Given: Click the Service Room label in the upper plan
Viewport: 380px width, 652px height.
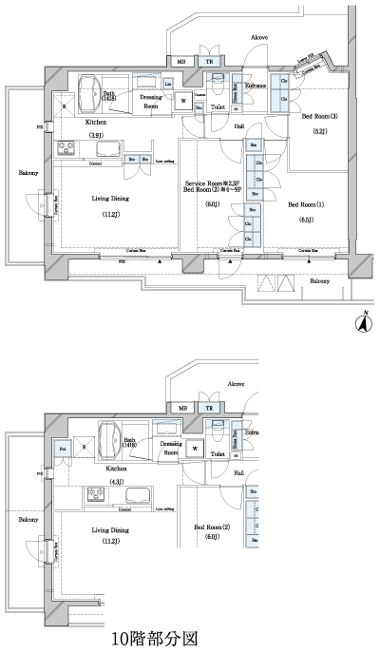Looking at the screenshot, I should (x=210, y=182).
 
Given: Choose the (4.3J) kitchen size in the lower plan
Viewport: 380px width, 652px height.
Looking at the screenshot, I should (x=116, y=483).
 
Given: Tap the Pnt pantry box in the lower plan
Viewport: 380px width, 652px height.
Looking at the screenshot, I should (x=63, y=449).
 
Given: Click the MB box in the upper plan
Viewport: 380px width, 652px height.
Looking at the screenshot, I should (x=182, y=62).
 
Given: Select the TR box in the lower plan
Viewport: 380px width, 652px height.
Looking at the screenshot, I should (x=209, y=409).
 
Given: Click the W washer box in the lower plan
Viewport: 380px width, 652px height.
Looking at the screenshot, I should (x=195, y=449).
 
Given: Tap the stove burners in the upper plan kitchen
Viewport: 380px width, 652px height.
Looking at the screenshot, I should (x=68, y=149).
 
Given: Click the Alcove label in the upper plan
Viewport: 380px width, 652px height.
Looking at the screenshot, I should (x=258, y=37).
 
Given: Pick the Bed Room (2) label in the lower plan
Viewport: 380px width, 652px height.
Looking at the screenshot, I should (x=214, y=527).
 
